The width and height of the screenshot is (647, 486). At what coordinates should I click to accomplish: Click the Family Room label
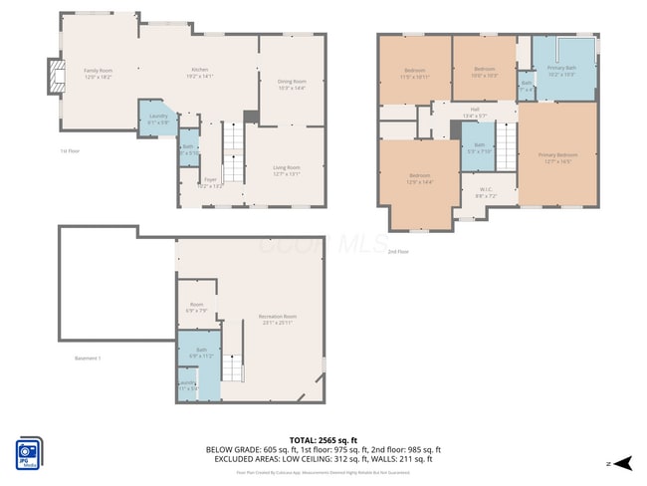coord(98,73)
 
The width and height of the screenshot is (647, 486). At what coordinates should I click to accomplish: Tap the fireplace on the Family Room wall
coord(56,75)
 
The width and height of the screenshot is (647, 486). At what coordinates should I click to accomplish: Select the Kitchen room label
coord(200,73)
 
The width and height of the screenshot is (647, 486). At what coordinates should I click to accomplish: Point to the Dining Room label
coord(292,84)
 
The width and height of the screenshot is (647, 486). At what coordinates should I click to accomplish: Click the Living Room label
coord(287,170)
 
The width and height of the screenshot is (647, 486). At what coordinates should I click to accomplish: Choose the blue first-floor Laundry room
coord(157,119)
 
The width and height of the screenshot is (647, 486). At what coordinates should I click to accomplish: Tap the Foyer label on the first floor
coord(211,182)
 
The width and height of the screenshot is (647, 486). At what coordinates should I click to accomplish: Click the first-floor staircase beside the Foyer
coord(232,149)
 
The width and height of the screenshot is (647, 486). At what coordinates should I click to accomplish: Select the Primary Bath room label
coord(562,71)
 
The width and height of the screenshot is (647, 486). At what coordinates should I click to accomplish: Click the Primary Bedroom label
coord(557,156)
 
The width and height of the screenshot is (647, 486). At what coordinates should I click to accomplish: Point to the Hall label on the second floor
coord(475,113)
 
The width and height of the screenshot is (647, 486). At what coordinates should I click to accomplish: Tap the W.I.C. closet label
coord(486,192)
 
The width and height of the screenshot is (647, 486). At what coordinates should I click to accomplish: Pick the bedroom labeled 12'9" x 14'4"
coord(419,179)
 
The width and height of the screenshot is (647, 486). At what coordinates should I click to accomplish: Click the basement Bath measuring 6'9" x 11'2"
coord(201,352)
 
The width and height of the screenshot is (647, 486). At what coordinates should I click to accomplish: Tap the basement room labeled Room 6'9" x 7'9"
coord(197,308)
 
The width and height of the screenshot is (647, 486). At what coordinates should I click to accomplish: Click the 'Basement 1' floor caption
coord(88,359)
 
